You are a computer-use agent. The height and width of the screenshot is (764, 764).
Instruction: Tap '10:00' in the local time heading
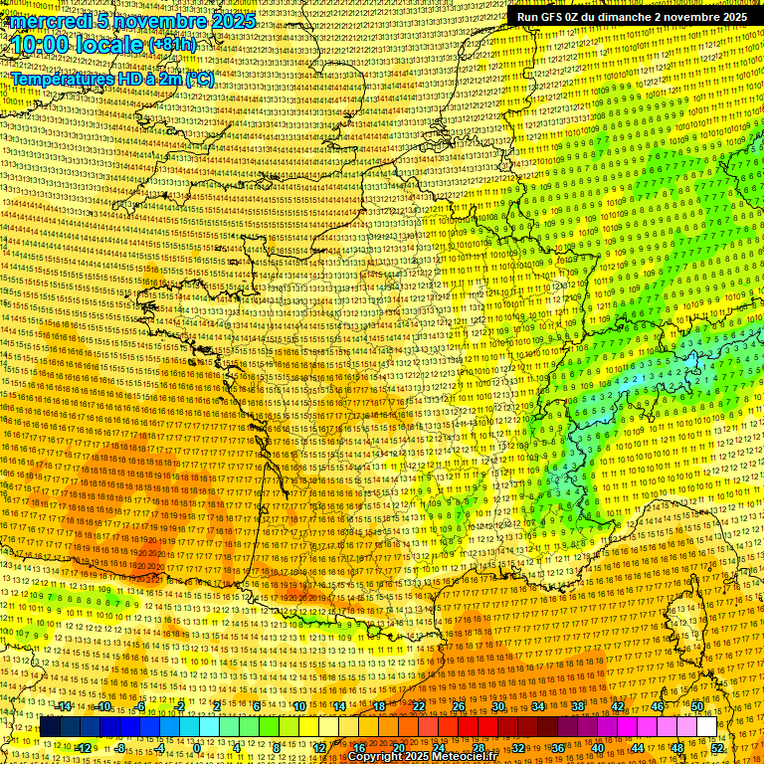point(41,45)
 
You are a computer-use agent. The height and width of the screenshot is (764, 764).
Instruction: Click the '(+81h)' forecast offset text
point(172,45)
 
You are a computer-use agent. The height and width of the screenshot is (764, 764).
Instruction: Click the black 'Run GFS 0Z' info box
point(632,17)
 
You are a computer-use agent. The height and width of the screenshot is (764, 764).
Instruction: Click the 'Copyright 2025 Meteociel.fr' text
point(423,756)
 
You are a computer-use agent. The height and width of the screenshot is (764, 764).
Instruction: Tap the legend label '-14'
point(64,706)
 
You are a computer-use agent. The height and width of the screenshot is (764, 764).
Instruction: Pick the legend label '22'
point(419,706)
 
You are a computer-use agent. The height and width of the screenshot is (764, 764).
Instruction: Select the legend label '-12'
point(84,748)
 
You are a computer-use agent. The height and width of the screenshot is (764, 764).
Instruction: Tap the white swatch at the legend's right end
point(706,727)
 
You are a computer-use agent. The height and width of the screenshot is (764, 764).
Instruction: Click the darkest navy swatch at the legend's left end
point(50,727)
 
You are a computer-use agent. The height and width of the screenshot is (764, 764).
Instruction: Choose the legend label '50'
point(696,706)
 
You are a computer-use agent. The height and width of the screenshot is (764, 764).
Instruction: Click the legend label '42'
point(618,706)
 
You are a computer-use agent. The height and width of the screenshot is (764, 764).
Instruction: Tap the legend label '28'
point(477,748)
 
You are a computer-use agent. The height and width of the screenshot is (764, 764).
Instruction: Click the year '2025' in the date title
point(232,21)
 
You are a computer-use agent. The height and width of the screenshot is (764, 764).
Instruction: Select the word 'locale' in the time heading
point(112,45)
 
